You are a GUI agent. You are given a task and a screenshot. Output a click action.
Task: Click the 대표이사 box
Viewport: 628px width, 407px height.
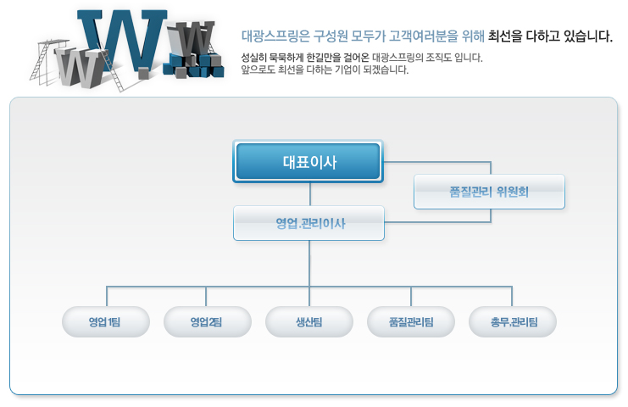308,161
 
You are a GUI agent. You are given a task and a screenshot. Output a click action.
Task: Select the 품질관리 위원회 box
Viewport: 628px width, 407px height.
489,192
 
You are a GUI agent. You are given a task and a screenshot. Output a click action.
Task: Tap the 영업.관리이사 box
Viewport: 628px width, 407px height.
308,223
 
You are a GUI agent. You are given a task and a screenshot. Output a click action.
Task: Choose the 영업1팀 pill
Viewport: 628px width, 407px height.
106,321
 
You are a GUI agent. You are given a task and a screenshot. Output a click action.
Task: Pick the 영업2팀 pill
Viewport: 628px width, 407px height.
208,321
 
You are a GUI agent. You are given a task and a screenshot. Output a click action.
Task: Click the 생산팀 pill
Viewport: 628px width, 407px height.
309,321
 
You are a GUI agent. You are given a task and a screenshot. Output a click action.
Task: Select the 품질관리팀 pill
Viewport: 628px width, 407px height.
411,321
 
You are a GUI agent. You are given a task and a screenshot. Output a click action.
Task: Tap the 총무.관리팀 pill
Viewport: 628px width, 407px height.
513,321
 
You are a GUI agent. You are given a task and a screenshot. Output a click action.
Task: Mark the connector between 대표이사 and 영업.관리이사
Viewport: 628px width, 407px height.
310,194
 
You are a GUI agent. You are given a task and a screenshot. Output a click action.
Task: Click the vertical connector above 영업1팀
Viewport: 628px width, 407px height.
107,297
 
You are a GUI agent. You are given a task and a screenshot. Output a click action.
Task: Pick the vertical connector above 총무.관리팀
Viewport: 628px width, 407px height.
512,297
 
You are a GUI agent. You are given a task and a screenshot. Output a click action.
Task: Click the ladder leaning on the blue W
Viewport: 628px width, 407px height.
113,71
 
